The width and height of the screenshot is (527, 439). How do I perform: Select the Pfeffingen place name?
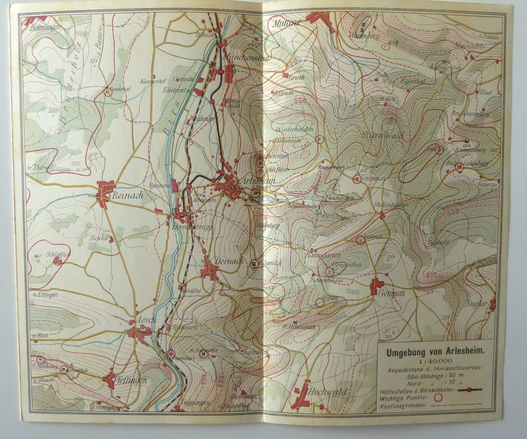coord(132,380)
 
